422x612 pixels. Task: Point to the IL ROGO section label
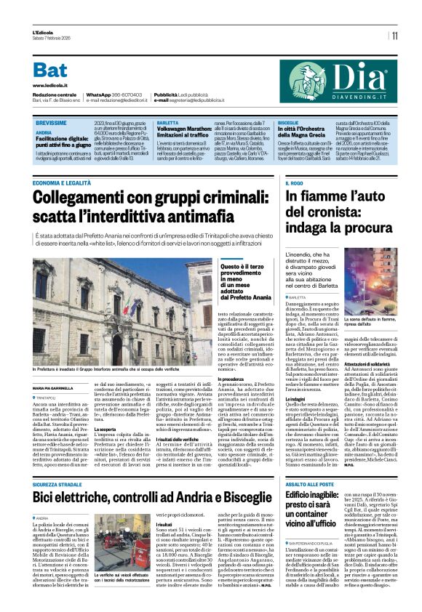click(x=295, y=184)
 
